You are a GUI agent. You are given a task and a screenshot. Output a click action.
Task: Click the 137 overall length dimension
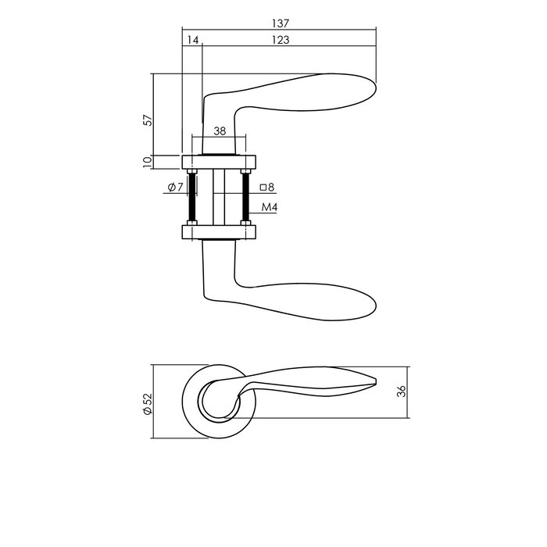(x=279, y=23)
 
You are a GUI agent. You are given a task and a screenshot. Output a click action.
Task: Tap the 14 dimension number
(x=192, y=40)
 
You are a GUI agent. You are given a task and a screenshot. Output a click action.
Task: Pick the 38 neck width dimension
(x=220, y=131)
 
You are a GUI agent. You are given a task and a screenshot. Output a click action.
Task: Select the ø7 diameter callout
(x=174, y=188)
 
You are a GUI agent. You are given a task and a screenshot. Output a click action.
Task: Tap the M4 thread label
(x=270, y=207)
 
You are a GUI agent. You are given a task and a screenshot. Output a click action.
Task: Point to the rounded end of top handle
(x=367, y=85)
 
